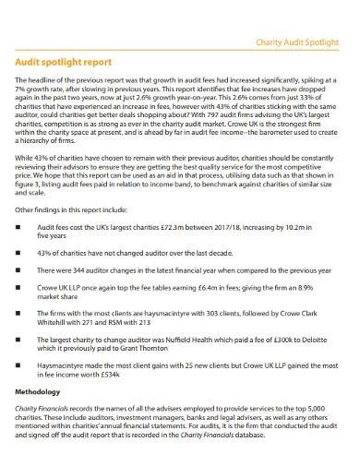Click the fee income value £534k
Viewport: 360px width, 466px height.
pos(122,377)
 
